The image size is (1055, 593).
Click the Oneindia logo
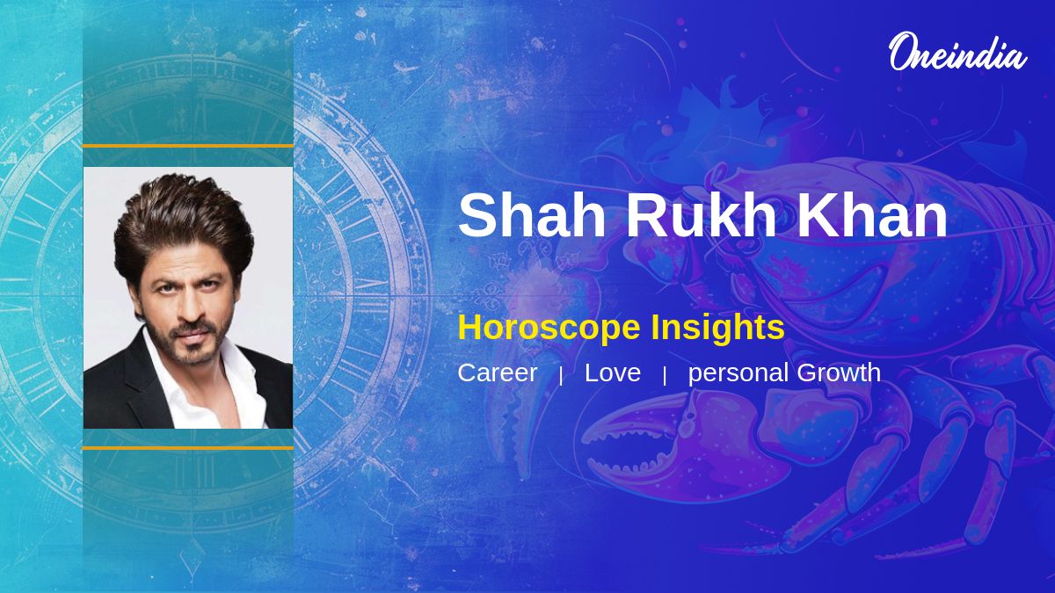pos(957,53)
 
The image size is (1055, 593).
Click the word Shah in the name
pos(532,214)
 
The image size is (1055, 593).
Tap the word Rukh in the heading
pos(701,214)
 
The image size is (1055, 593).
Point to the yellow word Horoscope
pos(549,328)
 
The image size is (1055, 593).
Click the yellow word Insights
pos(717,327)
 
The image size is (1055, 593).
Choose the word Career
pos(497,372)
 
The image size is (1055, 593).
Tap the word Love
pos(612,372)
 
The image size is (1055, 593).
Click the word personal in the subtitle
pos(738,374)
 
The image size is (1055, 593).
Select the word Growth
pos(839,372)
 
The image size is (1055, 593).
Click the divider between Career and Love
pos(561,376)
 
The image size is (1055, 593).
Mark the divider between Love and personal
pos(665,376)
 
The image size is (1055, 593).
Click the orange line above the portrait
pos(188,147)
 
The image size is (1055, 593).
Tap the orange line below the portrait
pos(188,448)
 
